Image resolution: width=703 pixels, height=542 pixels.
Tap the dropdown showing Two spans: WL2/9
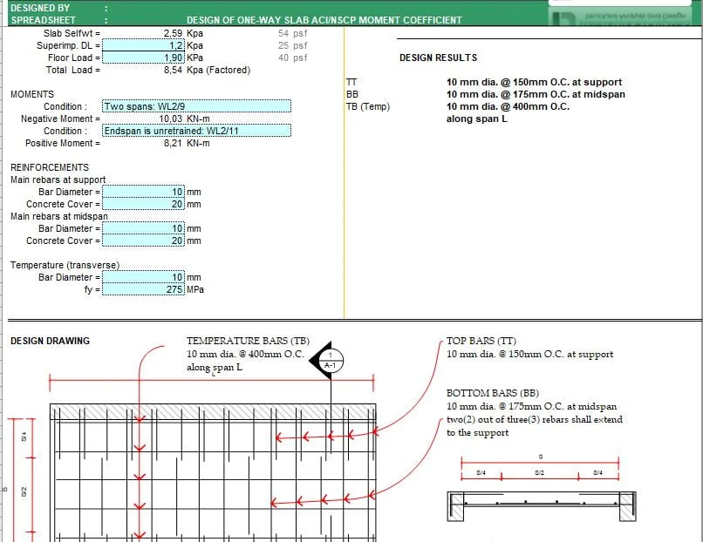pos(196,106)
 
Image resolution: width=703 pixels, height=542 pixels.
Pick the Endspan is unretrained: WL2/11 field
pos(196,131)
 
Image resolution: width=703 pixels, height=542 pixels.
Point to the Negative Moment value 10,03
pos(171,119)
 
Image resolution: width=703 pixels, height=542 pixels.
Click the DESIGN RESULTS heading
pos(438,58)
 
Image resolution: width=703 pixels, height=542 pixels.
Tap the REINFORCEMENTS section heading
pos(50,167)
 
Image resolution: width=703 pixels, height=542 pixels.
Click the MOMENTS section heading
pos(31,94)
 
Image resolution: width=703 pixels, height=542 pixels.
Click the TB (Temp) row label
pos(368,106)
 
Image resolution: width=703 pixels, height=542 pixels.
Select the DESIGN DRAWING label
pos(50,341)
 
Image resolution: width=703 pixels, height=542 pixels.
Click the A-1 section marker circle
pos(331,360)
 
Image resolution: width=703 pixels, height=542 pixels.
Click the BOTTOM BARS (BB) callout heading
pos(493,393)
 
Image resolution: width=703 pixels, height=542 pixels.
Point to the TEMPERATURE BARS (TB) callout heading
pos(248,341)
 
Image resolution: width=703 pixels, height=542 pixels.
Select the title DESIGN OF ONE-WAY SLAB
pos(324,20)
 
